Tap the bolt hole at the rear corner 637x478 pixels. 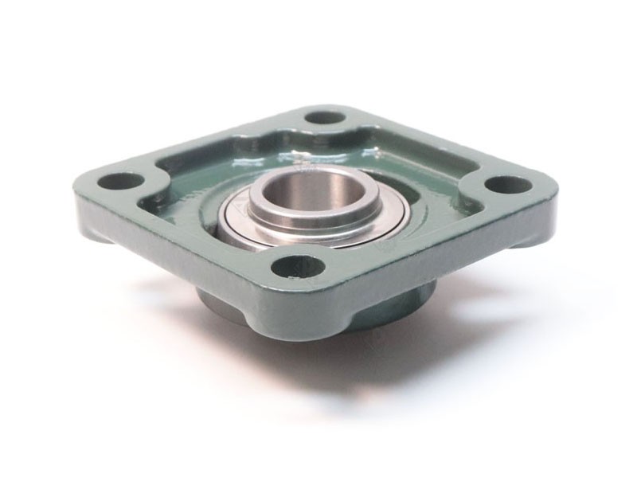[x=323, y=118]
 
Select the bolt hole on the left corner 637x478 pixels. [x=118, y=181]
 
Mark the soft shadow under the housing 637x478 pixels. [x=414, y=351]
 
